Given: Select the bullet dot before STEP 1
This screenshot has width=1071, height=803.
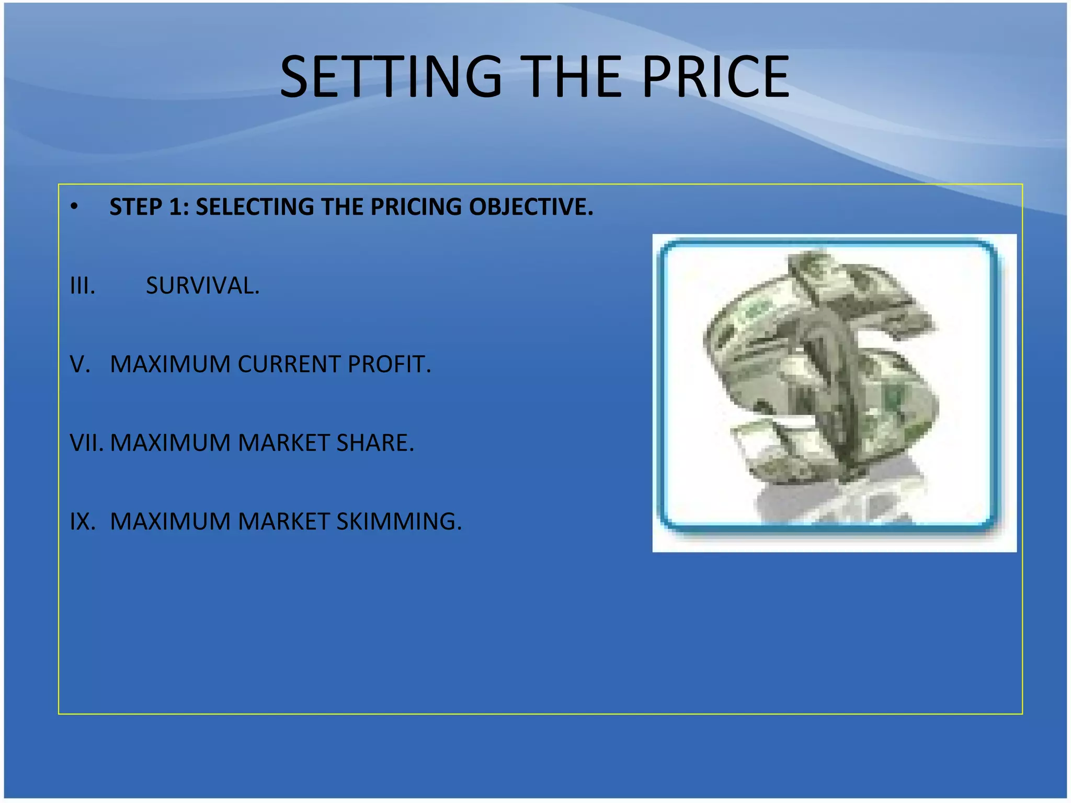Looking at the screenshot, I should click(x=74, y=207).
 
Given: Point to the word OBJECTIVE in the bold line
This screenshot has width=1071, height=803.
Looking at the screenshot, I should click(x=531, y=207).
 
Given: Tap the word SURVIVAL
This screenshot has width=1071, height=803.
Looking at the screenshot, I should click(x=202, y=286).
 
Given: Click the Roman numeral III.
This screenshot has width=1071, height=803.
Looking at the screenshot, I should click(x=83, y=286).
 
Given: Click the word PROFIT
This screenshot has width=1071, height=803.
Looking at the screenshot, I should click(x=389, y=364).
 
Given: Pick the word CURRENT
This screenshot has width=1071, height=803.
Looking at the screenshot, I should click(x=289, y=364).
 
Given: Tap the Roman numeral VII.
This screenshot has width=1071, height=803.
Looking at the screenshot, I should click(x=86, y=443).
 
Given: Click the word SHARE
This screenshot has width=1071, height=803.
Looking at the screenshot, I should click(x=375, y=443).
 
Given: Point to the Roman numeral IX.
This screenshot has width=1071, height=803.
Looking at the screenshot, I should click(x=83, y=521).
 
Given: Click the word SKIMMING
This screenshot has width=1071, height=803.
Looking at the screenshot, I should click(x=399, y=521).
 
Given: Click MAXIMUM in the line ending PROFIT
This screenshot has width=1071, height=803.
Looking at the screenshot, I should click(x=170, y=364).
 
